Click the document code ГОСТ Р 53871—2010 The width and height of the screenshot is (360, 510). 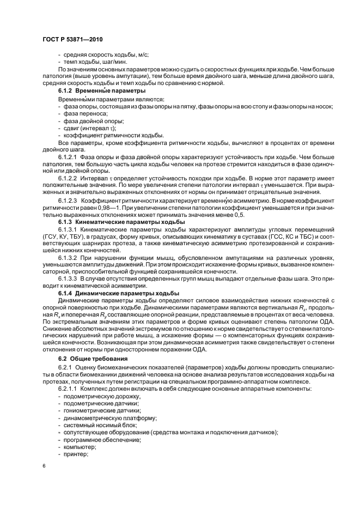pyautogui.click(x=72, y=40)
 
